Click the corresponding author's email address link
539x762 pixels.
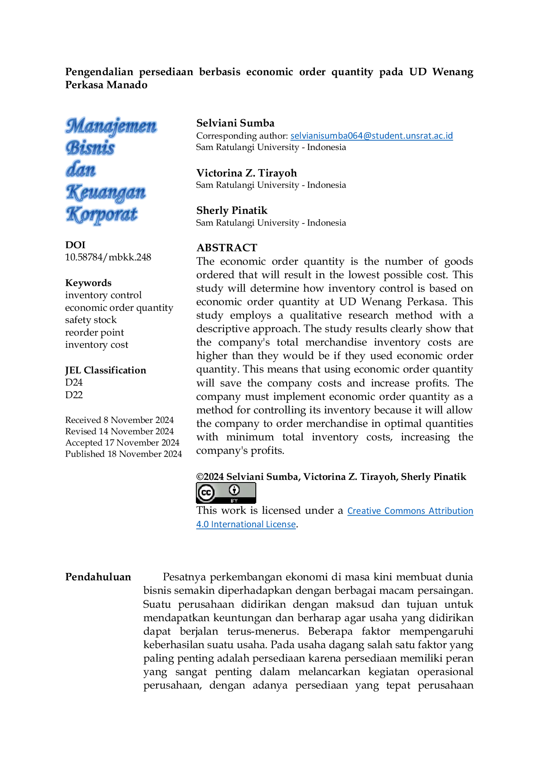pos(371,136)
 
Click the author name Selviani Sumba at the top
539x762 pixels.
pos(235,123)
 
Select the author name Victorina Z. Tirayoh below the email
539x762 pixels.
pos(247,173)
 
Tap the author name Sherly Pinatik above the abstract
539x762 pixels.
pos(232,210)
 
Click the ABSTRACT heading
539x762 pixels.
pos(227,248)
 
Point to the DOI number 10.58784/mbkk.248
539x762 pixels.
pos(108,257)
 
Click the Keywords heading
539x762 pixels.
pos(88,283)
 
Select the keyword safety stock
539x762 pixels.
pos(91,320)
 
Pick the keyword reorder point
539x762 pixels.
pos(94,333)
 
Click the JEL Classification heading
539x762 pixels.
pos(106,370)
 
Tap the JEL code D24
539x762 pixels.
pos(74,383)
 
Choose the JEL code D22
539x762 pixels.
pos(74,395)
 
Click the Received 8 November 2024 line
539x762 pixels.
pos(119,420)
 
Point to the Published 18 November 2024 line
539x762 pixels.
pos(123,454)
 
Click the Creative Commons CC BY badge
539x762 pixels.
pos(226,493)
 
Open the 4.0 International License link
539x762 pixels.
pos(246,524)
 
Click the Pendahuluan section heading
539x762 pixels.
pos(98,577)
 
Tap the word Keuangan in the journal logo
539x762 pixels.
pos(106,193)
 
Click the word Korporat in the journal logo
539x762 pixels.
pos(102,215)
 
